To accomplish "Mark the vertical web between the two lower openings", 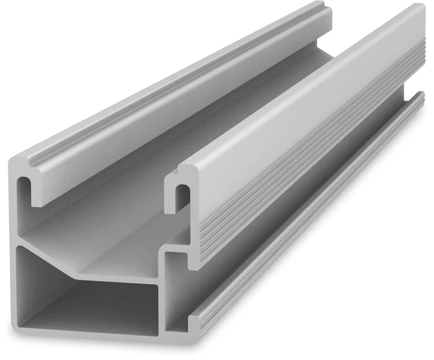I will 162,291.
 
